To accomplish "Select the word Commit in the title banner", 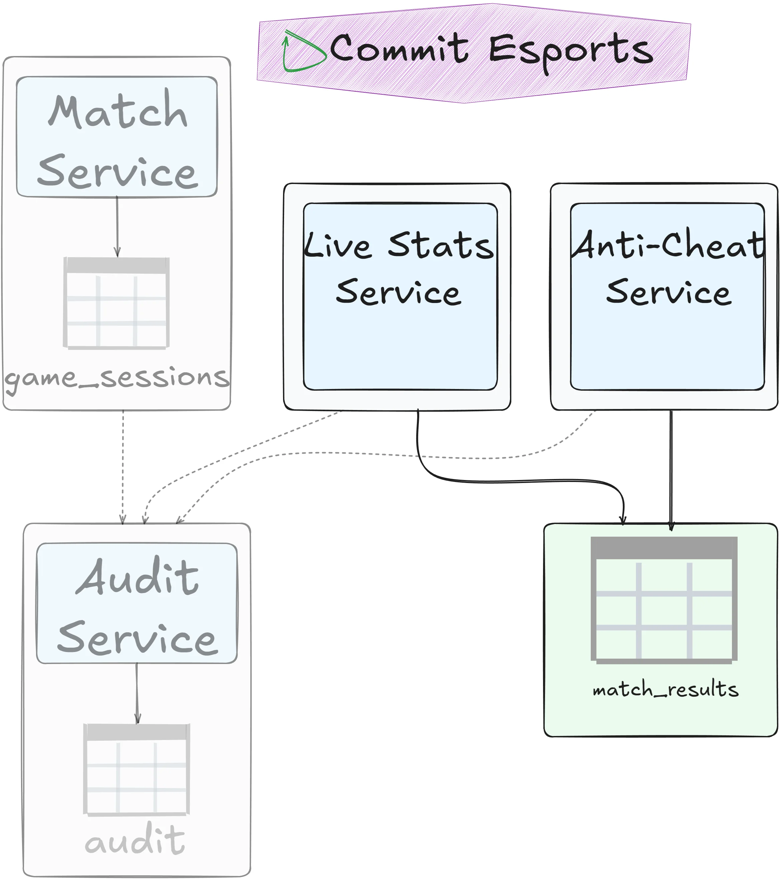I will point(399,49).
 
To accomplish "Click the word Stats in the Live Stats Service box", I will point(441,246).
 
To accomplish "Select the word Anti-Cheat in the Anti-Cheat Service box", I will point(667,245).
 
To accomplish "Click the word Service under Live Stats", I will point(399,293).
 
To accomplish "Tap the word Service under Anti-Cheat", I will point(669,293).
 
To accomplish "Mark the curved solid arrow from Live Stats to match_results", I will point(517,481).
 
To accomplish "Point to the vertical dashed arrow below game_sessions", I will point(123,465).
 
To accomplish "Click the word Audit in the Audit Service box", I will point(138,577).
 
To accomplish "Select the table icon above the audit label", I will point(137,770).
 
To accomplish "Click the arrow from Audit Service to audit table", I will point(137,693).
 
